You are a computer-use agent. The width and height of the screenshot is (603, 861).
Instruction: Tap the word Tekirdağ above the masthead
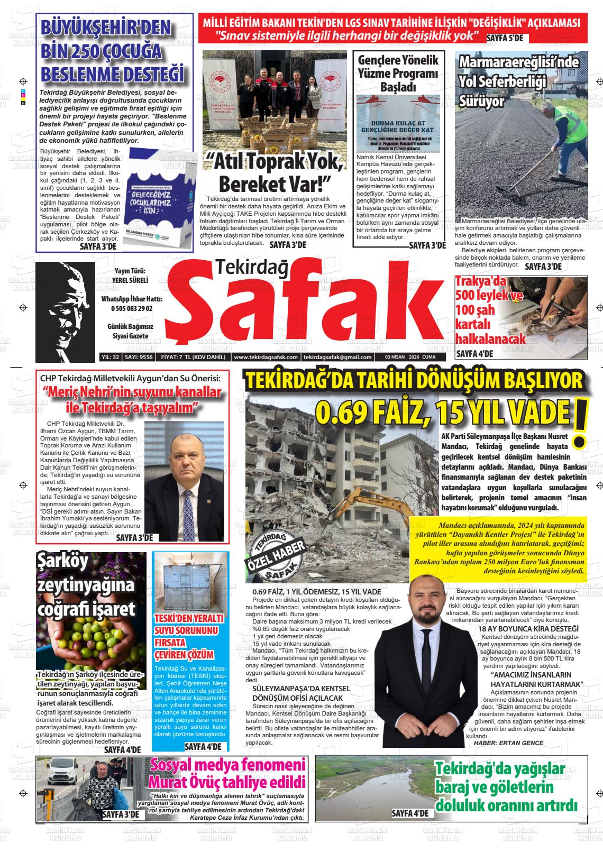[252, 269]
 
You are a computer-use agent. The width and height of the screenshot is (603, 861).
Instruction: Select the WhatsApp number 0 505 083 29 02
[132, 308]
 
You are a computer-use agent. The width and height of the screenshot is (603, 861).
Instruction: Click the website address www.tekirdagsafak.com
[266, 357]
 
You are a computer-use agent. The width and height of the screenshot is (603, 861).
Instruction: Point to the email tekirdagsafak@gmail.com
[337, 357]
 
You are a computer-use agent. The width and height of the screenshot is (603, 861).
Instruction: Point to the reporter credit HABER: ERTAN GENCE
[508, 743]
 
